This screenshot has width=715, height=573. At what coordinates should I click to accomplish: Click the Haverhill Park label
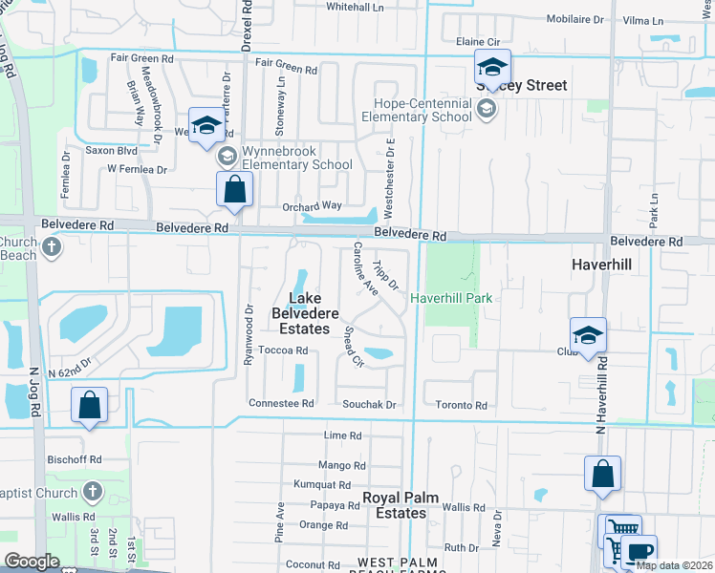click(x=451, y=298)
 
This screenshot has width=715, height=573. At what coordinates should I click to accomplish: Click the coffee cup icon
click(x=639, y=550)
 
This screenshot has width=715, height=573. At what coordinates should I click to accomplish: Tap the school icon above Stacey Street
click(x=492, y=67)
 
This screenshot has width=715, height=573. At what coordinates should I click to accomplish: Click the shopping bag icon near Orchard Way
click(x=234, y=190)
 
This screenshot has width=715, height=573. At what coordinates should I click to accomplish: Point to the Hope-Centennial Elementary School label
click(x=410, y=110)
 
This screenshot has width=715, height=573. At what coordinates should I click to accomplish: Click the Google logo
click(x=31, y=562)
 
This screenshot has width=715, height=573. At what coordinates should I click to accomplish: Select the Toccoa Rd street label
click(x=288, y=350)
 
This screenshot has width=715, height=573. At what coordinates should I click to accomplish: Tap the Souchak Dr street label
click(x=369, y=405)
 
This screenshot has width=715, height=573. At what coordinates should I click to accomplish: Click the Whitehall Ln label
click(x=355, y=6)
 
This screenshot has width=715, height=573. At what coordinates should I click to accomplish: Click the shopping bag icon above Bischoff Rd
click(x=89, y=405)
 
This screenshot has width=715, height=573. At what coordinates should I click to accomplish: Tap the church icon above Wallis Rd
click(x=92, y=492)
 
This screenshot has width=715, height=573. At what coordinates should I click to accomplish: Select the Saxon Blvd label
click(x=112, y=150)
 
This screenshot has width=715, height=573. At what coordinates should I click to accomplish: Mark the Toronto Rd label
click(x=461, y=405)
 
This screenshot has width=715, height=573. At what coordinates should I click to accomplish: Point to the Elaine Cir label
click(x=479, y=42)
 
